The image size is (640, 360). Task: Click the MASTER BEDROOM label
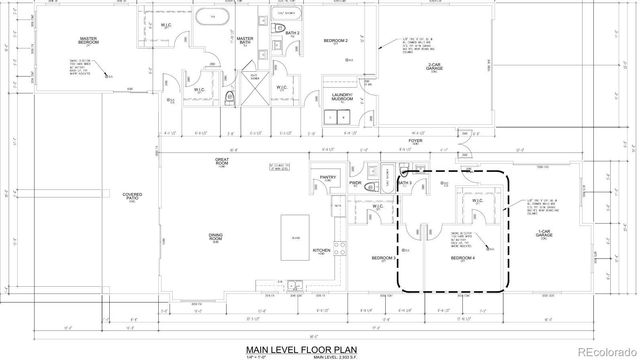pyautogui.click(x=95, y=40)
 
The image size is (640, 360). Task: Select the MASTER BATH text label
pyautogui.click(x=244, y=40)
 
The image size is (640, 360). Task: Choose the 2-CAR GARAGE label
pyautogui.click(x=435, y=67)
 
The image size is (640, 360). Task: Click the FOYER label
pyautogui.click(x=417, y=143)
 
